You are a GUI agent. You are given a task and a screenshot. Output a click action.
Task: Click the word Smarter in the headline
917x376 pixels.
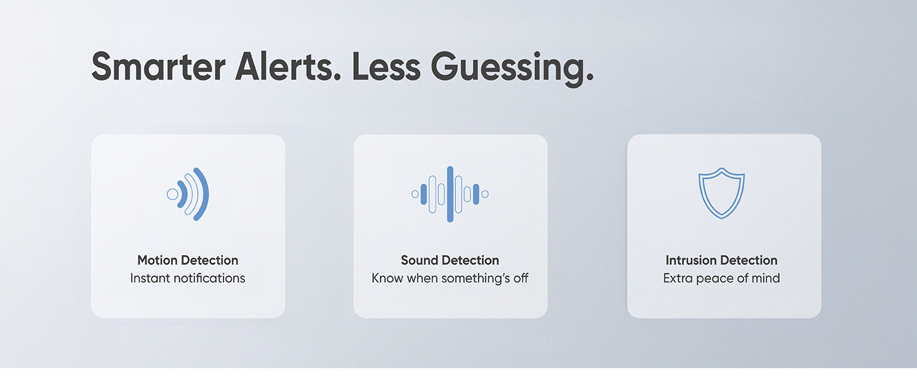[158, 66]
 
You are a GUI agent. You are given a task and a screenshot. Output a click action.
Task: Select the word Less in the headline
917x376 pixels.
[386, 66]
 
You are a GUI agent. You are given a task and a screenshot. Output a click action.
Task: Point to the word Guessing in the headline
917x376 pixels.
[512, 69]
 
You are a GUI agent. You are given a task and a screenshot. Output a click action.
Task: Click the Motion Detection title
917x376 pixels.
[188, 260]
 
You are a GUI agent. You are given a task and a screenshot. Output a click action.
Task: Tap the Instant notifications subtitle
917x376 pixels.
[188, 278]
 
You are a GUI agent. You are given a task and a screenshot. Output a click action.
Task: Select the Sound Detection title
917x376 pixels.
[450, 260]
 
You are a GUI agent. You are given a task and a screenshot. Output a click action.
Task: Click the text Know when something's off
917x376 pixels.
[450, 278]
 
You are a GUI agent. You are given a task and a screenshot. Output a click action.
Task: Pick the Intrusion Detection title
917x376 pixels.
[722, 260]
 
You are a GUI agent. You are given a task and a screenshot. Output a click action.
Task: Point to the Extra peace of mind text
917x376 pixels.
[722, 278]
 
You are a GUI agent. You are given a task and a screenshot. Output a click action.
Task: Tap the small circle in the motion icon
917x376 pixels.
[172, 194]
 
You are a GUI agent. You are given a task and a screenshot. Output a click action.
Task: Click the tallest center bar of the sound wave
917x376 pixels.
[450, 194]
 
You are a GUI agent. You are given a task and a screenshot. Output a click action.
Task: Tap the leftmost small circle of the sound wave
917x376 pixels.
[415, 194]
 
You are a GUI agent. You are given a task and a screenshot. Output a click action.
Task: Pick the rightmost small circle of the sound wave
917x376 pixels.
[485, 194]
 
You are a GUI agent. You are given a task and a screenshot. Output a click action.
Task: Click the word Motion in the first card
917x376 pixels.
[157, 260]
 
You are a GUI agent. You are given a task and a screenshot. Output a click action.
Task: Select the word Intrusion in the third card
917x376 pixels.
[691, 260]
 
